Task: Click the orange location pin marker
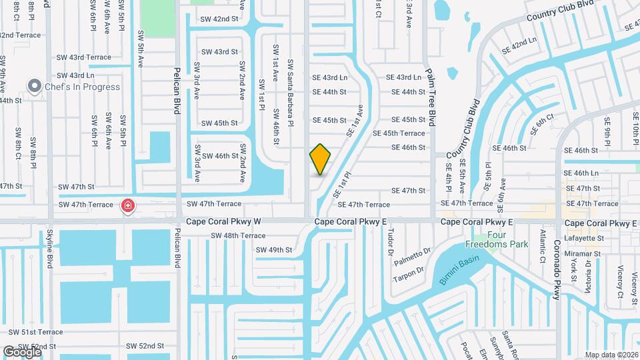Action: click(320, 159)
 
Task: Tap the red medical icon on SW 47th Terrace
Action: click(127, 207)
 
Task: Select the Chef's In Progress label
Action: click(82, 87)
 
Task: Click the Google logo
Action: click(22, 351)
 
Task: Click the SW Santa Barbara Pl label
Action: click(291, 92)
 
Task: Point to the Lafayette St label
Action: click(585, 238)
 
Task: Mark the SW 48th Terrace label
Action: click(238, 235)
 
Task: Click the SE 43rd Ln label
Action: click(330, 78)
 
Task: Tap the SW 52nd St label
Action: click(145, 346)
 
